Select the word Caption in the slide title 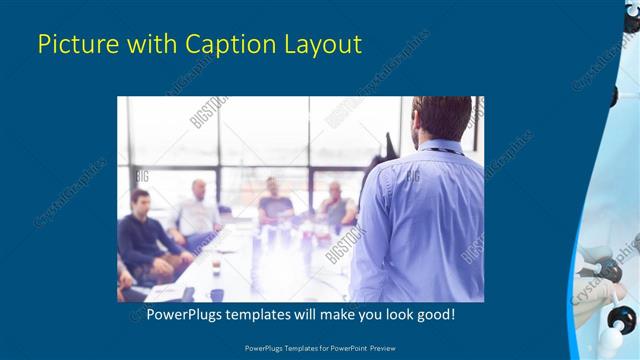point(224,44)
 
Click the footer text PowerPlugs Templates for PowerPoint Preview point(319,347)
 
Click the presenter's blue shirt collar point(441,146)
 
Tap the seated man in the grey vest point(335,205)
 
